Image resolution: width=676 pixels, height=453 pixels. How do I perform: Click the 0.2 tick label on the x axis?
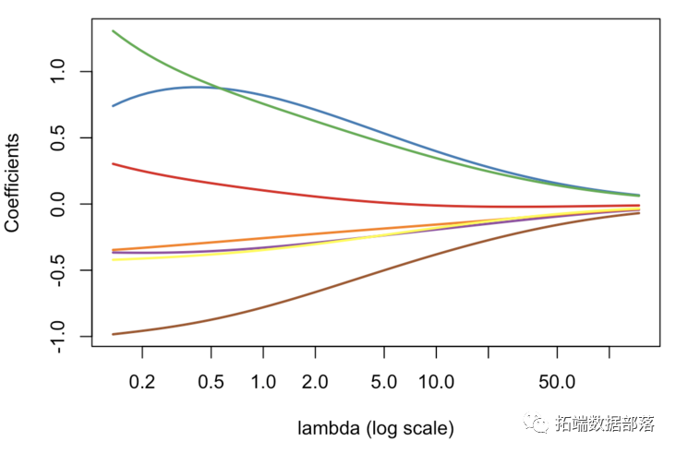(x=142, y=379)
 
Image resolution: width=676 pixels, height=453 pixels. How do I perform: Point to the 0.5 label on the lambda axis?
(x=211, y=379)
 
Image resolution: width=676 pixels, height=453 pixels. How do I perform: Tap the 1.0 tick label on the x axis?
(x=263, y=379)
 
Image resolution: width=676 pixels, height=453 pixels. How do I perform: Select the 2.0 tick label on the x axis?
(x=315, y=379)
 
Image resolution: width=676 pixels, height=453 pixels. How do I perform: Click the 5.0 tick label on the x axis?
(x=383, y=379)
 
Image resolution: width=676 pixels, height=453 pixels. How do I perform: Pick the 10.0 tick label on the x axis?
(x=435, y=379)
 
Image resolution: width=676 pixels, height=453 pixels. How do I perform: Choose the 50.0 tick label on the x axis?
(x=556, y=379)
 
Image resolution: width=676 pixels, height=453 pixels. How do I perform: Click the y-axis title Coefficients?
(x=16, y=182)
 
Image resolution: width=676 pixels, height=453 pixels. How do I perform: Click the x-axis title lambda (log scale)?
(x=376, y=428)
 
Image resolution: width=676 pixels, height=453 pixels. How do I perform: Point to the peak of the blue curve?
(x=198, y=87)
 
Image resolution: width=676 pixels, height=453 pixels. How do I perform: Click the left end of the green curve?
(x=113, y=31)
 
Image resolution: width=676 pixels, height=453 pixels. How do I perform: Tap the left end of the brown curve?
(x=113, y=334)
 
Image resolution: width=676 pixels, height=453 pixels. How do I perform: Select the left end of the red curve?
(x=113, y=163)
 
